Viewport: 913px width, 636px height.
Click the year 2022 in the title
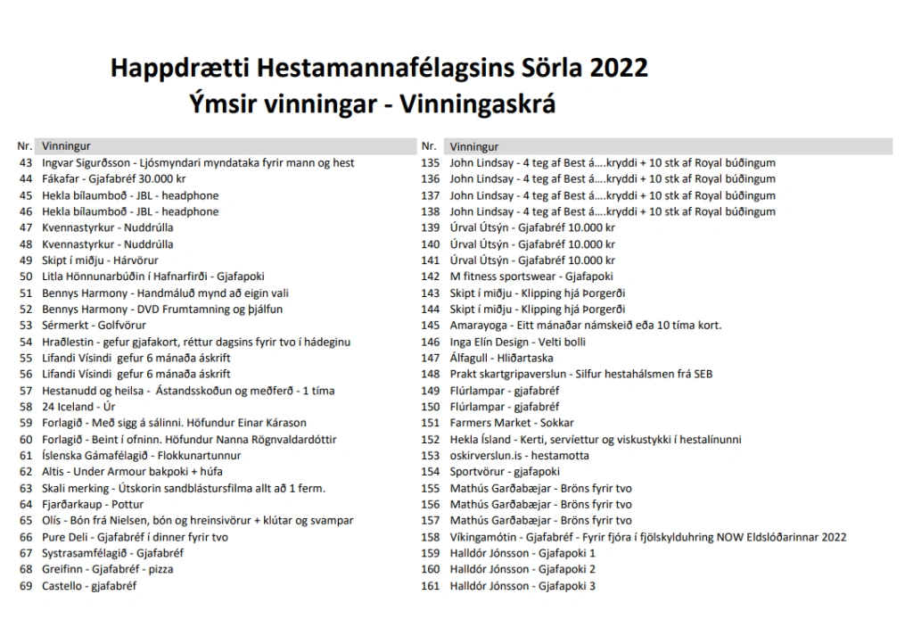click(618, 69)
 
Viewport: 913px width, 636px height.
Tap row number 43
click(25, 163)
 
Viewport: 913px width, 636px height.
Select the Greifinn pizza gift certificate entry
click(108, 570)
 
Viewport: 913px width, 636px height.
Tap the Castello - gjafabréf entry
click(89, 586)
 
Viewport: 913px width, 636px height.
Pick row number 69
click(25, 586)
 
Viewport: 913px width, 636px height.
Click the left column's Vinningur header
click(66, 146)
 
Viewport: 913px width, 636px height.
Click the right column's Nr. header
click(429, 146)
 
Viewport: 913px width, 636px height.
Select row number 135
click(431, 163)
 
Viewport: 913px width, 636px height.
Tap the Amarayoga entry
click(586, 326)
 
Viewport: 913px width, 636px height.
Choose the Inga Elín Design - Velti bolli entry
click(518, 342)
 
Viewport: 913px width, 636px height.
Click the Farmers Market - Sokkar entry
click(512, 423)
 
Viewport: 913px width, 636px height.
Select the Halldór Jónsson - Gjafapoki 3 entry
click(522, 586)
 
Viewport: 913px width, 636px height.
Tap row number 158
click(431, 537)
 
